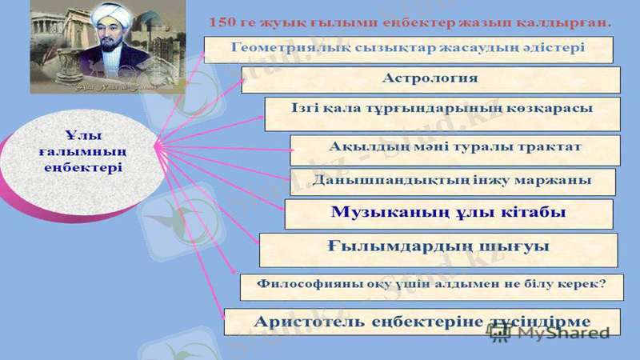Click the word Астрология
click(430, 78)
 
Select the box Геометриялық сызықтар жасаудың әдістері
click(409, 48)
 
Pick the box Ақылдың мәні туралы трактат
click(455, 149)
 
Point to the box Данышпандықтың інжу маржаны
click(451, 181)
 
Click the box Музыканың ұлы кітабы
click(449, 214)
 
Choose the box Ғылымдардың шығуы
click(438, 248)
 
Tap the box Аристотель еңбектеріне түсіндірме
click(422, 321)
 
